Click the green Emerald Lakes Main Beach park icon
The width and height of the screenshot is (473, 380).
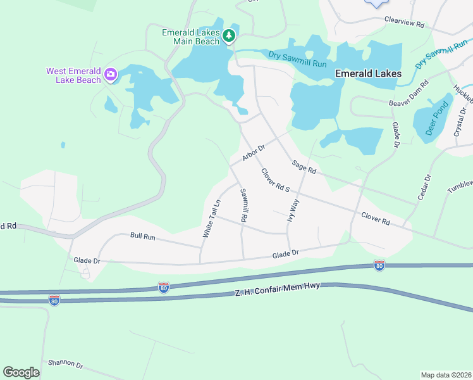(228, 36)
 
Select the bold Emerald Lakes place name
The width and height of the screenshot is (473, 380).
(367, 73)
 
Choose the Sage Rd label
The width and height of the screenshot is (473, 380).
(304, 167)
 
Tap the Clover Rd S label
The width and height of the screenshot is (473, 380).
(275, 180)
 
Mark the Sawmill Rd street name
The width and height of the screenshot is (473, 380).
(242, 205)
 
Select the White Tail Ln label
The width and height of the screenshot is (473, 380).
(211, 219)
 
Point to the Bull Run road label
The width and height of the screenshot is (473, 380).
(142, 236)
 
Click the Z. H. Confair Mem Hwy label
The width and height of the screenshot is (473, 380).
(278, 289)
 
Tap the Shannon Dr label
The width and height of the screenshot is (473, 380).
(65, 365)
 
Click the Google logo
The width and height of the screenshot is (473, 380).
(21, 372)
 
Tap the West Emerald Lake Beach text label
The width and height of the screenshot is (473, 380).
(73, 75)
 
